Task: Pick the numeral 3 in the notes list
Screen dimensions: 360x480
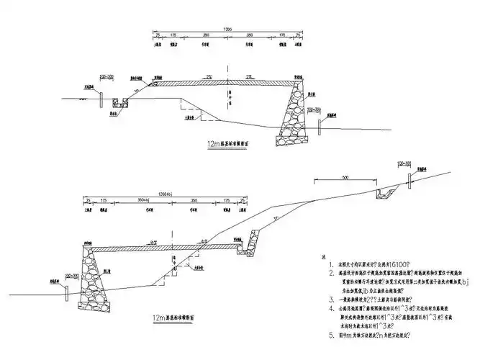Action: (x=321, y=298)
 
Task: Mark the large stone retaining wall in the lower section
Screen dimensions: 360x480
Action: (x=94, y=274)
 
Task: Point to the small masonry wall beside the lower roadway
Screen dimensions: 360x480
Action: (x=253, y=240)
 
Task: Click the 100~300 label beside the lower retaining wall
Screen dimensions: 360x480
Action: (x=70, y=274)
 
